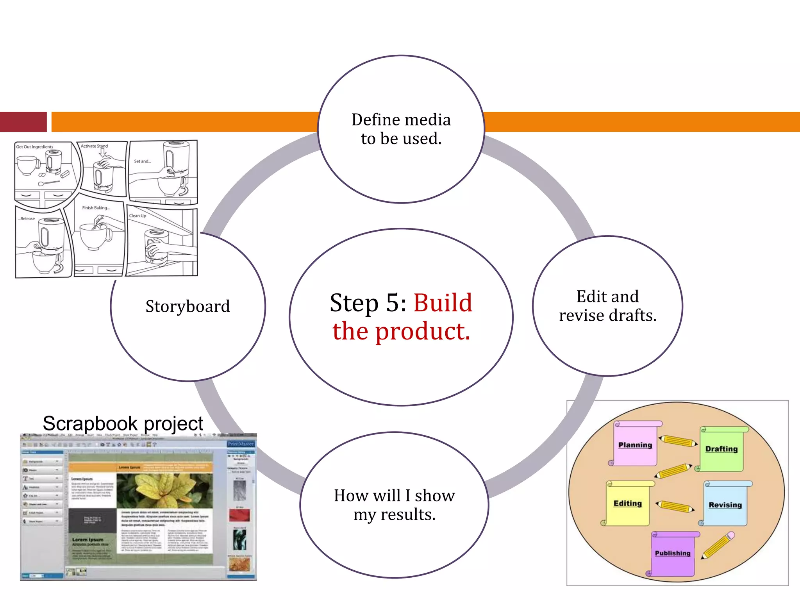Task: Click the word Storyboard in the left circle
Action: (x=187, y=306)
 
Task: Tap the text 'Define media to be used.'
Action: (x=401, y=129)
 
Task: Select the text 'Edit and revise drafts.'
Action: (x=607, y=306)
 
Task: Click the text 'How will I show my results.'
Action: (x=394, y=505)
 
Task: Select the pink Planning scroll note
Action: (x=635, y=445)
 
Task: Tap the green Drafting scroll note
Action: (x=721, y=449)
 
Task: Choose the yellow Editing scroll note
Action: (x=628, y=504)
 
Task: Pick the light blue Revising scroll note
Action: (x=725, y=505)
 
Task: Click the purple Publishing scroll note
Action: (x=673, y=553)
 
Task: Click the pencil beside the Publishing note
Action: (x=718, y=545)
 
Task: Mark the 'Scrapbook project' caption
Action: (x=123, y=423)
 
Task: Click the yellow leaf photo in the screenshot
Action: (x=164, y=490)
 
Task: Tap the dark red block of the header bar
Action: (x=23, y=122)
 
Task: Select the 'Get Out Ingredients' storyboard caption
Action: (x=35, y=147)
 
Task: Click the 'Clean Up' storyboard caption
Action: (x=137, y=216)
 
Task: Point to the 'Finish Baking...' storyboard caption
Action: (x=96, y=208)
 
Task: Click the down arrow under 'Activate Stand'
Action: (x=102, y=154)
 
